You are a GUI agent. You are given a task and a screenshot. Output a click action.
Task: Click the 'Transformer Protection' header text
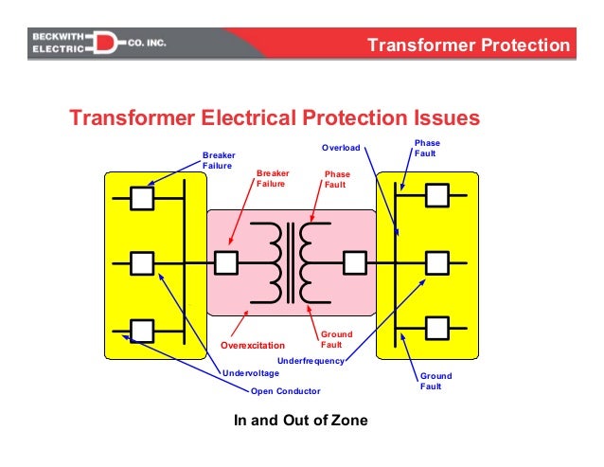click(468, 45)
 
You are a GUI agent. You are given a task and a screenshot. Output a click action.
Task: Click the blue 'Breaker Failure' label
click(219, 160)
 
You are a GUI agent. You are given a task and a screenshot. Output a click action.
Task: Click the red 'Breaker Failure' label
click(273, 179)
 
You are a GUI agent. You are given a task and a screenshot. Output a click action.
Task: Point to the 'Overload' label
click(340, 148)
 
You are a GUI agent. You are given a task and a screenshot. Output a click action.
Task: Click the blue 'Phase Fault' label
click(427, 148)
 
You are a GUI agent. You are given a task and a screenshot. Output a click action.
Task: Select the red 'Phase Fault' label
click(336, 179)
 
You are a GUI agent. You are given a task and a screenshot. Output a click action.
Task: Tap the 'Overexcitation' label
click(252, 346)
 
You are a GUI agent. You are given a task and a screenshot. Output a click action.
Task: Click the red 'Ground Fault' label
click(336, 339)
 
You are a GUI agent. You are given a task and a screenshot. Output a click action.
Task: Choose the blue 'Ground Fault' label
click(435, 381)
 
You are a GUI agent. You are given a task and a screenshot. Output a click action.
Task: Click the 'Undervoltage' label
click(251, 373)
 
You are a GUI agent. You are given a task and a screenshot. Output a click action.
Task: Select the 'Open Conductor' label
click(285, 391)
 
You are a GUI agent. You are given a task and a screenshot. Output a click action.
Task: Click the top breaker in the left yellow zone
click(142, 197)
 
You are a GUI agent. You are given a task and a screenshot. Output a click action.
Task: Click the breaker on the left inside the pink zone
click(226, 261)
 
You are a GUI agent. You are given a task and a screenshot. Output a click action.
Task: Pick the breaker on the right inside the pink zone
click(354, 261)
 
